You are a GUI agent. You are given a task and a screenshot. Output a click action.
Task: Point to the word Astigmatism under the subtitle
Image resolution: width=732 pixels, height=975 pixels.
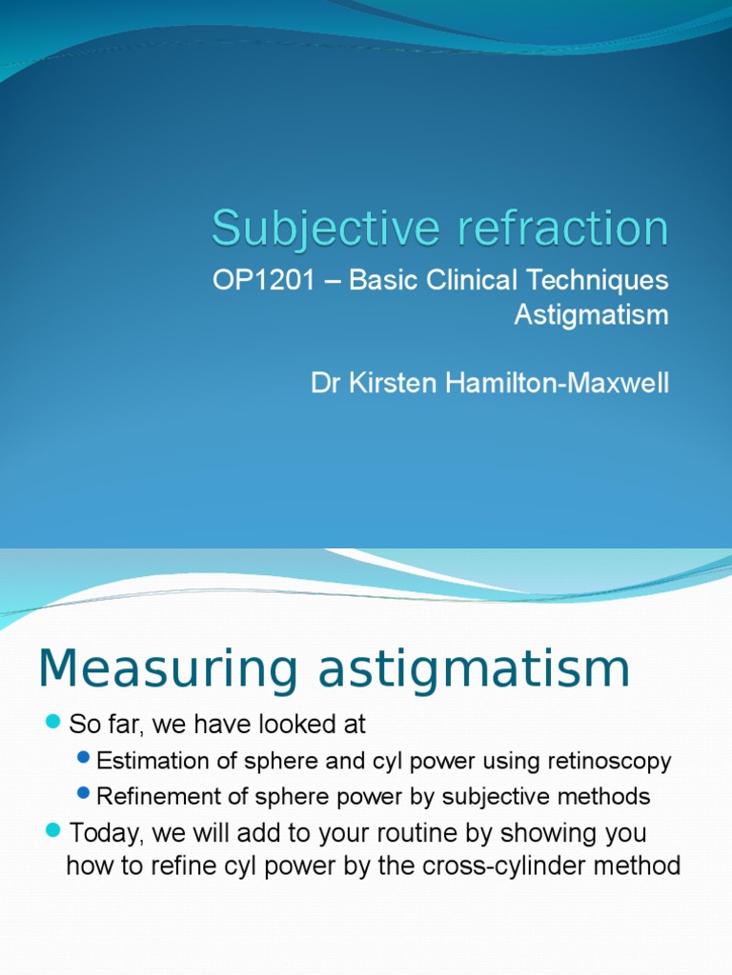(x=591, y=315)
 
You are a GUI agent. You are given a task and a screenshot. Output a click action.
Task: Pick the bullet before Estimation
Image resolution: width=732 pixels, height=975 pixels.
(x=84, y=760)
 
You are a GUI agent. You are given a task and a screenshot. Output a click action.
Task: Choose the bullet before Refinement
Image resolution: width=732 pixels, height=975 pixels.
(x=84, y=794)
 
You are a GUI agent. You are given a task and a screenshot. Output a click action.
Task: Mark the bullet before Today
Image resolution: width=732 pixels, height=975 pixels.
(x=52, y=831)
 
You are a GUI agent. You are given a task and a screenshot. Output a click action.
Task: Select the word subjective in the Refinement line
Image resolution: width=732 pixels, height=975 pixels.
(x=482, y=796)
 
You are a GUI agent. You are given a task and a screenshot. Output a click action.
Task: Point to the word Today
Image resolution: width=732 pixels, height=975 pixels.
(x=104, y=833)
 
